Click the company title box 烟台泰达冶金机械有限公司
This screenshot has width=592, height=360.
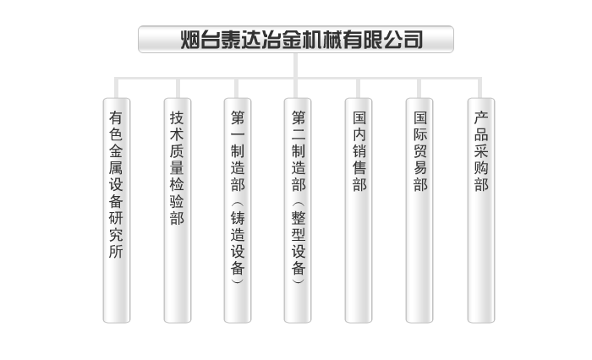click(295, 40)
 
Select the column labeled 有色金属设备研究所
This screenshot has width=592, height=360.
click(117, 211)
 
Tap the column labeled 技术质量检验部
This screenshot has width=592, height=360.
click(177, 211)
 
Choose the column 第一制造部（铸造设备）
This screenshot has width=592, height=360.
click(238, 211)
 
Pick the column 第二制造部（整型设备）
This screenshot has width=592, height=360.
click(298, 211)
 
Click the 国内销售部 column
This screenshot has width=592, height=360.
click(359, 211)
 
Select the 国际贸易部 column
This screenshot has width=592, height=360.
click(419, 211)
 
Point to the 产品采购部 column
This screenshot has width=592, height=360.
click(480, 211)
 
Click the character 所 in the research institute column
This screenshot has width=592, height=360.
click(117, 251)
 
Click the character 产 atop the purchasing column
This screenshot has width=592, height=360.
click(480, 117)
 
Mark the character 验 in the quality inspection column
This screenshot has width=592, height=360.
click(177, 201)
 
